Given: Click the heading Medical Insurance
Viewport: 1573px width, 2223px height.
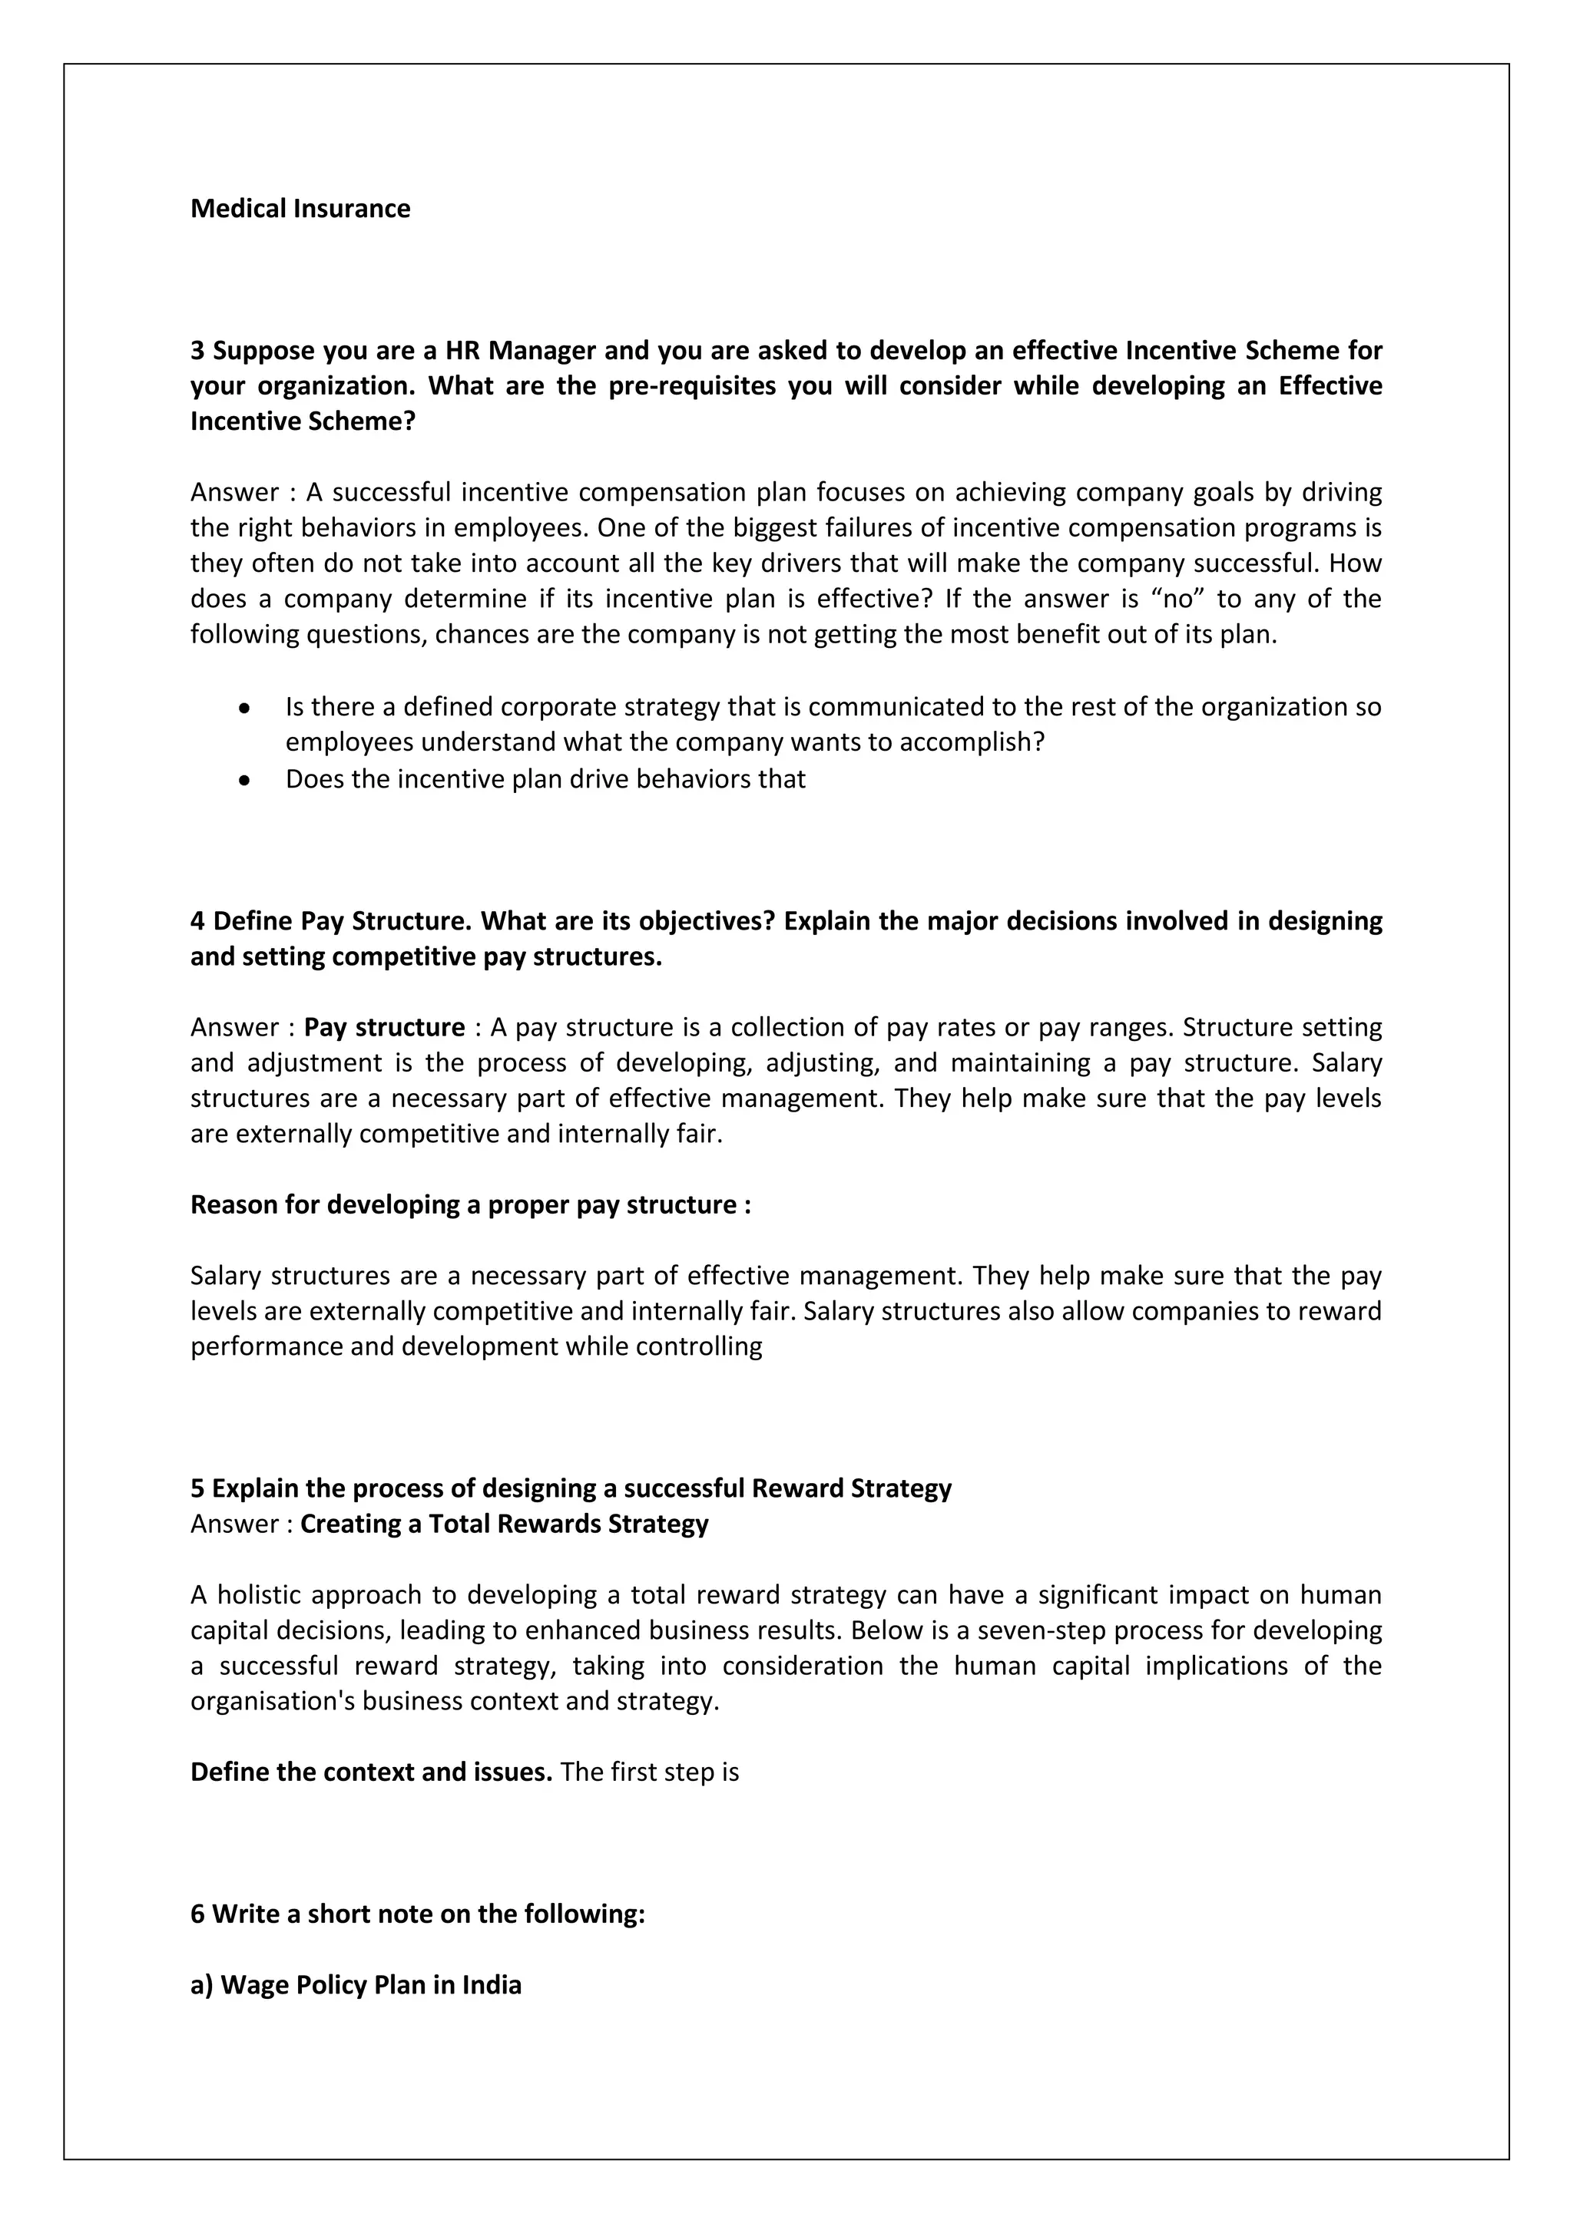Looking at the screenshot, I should point(300,208).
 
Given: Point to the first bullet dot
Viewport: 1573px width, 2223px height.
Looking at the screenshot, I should point(245,709).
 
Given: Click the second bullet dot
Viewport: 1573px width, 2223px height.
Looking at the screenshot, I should point(245,779).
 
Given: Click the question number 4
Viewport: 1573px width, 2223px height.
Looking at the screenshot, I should point(197,921).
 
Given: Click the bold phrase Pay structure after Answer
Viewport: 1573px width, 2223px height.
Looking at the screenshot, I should point(385,1027).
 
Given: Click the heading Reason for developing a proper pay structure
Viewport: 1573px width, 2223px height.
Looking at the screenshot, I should point(470,1204).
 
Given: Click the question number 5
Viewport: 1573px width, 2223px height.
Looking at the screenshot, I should point(197,1488).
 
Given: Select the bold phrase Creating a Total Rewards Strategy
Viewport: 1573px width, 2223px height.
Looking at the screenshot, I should point(504,1524).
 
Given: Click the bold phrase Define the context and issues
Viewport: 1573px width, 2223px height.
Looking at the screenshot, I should point(371,1772).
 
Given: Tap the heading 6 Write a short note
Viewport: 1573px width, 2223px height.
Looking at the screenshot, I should point(418,1914).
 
